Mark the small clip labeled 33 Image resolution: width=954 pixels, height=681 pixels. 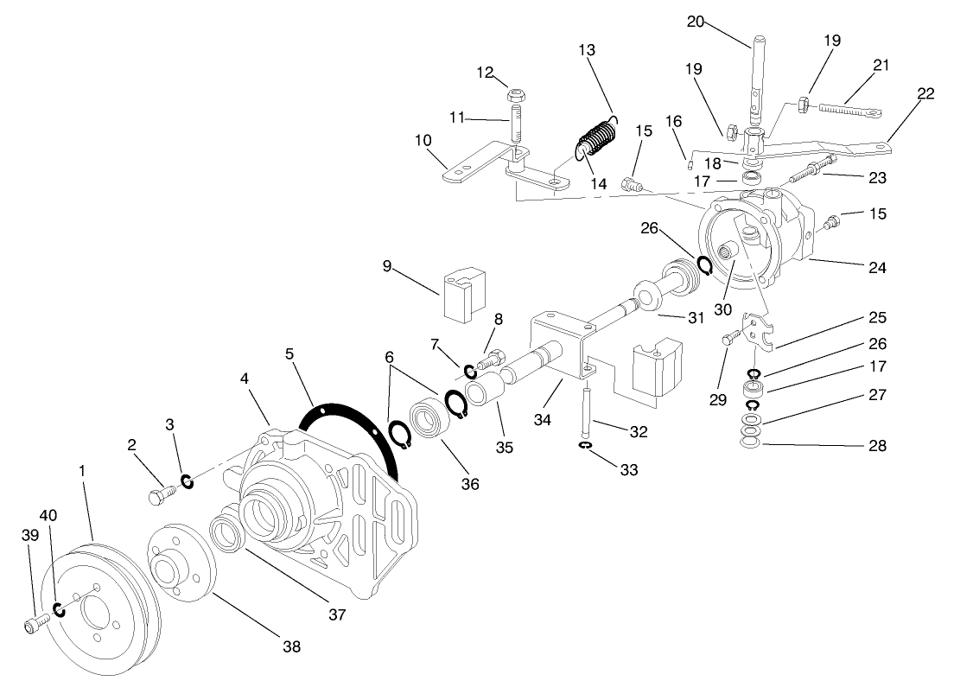click(x=585, y=446)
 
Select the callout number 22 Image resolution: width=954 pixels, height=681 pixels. click(x=925, y=93)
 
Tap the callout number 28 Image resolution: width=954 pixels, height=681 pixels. click(x=878, y=447)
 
